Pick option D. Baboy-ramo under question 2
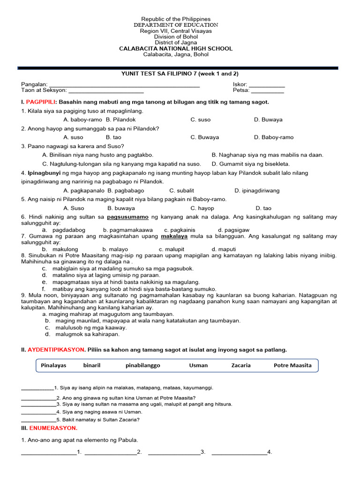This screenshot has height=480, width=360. tap(274, 137)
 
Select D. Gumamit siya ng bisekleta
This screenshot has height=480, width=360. tap(251, 164)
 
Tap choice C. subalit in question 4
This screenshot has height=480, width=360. tap(182, 191)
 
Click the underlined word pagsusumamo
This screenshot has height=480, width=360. tap(128, 217)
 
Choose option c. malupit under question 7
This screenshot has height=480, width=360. tap(171, 249)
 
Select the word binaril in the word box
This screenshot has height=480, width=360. tap(92, 365)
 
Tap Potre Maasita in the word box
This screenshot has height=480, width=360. tap(292, 365)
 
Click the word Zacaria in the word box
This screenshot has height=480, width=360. tap(241, 365)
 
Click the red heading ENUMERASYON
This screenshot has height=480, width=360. tap(53, 428)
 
